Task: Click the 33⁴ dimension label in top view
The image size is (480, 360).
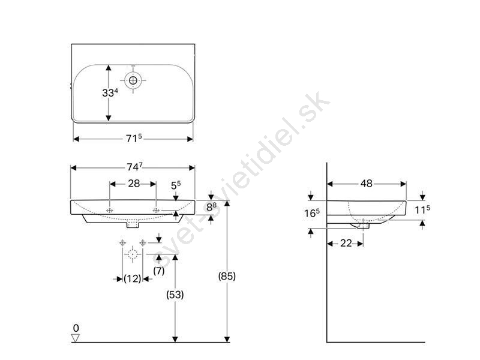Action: pos(110,92)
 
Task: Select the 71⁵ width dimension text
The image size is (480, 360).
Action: pos(134,139)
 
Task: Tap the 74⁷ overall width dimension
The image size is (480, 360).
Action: pos(134,167)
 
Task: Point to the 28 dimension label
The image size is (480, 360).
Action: pos(134,184)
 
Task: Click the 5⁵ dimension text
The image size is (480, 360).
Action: pos(176,185)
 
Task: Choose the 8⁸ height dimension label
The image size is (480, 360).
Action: pos(211,207)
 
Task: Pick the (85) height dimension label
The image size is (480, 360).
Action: pos(227,276)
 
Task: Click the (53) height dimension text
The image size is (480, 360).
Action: pos(175,295)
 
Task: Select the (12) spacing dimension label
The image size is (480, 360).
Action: pos(132,278)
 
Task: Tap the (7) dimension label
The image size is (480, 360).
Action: pos(159,271)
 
